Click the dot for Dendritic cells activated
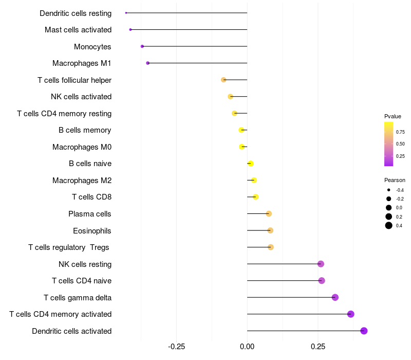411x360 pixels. (x=364, y=331)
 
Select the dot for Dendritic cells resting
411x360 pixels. (x=126, y=13)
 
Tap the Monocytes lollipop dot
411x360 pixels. (x=142, y=46)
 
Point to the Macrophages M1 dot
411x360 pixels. (x=148, y=63)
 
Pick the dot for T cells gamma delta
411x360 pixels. (x=335, y=297)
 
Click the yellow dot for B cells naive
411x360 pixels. (x=250, y=164)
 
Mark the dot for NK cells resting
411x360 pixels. (x=321, y=264)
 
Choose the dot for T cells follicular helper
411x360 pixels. (x=223, y=80)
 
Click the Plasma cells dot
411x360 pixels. (x=269, y=213)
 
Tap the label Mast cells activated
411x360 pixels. (x=78, y=30)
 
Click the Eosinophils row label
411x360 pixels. (x=92, y=230)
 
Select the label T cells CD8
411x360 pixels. (x=91, y=197)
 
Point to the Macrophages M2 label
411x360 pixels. (x=82, y=180)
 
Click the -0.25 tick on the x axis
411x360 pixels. (x=176, y=346)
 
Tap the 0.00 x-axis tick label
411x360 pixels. (x=247, y=346)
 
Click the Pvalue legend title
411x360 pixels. (x=393, y=116)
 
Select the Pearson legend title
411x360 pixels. (x=395, y=180)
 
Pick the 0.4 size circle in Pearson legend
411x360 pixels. (x=389, y=225)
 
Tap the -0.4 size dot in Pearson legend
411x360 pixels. (x=389, y=190)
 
